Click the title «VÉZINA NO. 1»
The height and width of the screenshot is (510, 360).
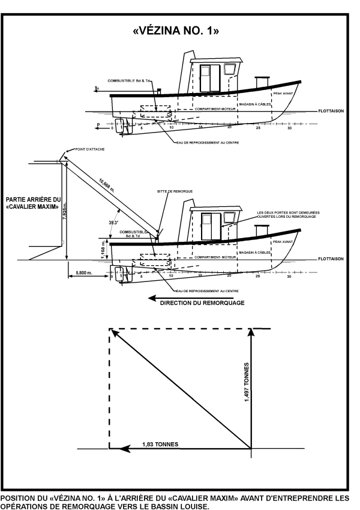(179, 32)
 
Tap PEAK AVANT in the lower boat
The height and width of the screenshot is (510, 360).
(281, 242)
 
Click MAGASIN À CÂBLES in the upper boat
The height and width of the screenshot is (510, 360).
(255, 104)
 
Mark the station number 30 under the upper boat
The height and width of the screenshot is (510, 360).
(289, 129)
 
